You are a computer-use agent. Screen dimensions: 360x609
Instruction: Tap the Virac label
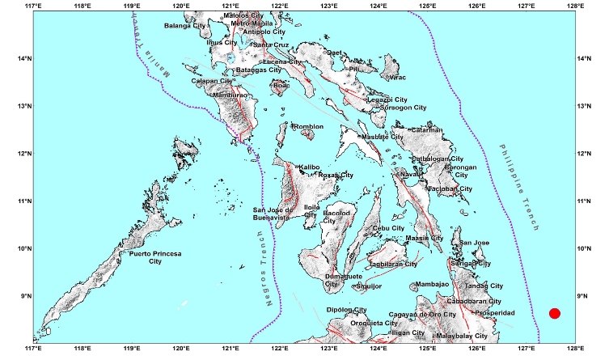[396, 78]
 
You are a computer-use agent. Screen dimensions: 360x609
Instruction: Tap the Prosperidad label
[494, 312]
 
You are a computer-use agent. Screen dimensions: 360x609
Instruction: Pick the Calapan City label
[211, 80]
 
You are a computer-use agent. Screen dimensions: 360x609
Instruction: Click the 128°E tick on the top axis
[576, 7]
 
